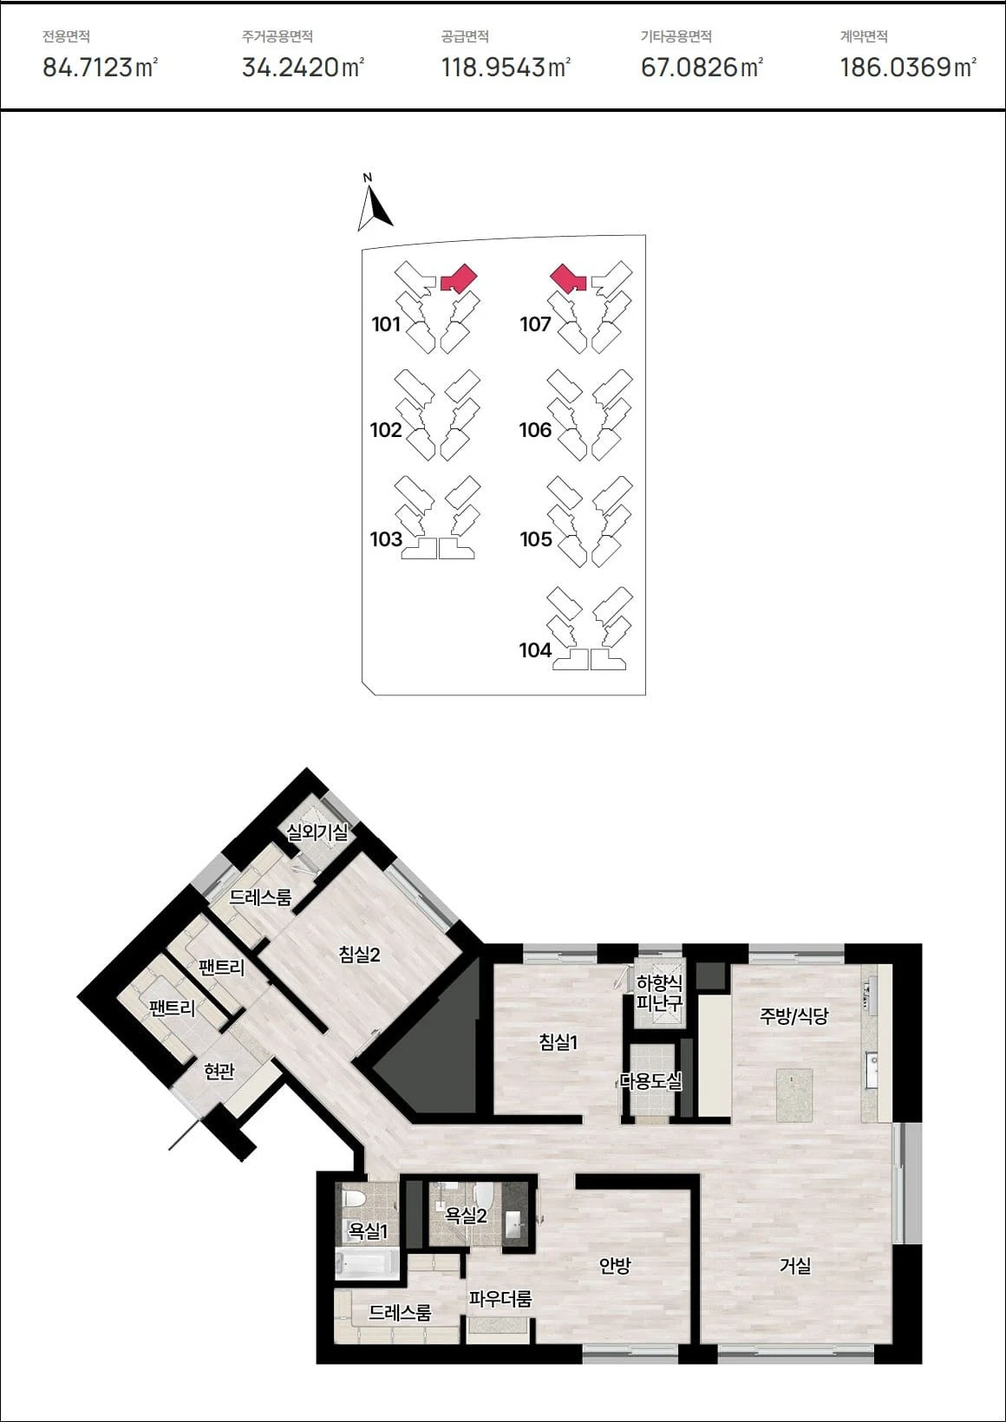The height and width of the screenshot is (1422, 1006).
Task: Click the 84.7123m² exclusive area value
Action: point(101,67)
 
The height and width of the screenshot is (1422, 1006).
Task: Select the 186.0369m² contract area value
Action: point(908,67)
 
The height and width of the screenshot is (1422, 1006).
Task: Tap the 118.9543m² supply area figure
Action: point(506,67)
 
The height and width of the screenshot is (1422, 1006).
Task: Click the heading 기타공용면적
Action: point(676,36)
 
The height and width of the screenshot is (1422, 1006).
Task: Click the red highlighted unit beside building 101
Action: point(459,278)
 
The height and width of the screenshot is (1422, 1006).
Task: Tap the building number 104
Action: point(535,650)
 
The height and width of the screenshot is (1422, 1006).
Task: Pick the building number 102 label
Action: point(386,430)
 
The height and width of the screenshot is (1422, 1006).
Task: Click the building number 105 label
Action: point(536,539)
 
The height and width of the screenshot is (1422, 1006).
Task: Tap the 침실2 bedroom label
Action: point(359,954)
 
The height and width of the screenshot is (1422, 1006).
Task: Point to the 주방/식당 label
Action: point(794,1016)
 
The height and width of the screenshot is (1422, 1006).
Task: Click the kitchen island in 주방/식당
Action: point(794,1095)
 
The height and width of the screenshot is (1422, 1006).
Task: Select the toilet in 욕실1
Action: point(352,1199)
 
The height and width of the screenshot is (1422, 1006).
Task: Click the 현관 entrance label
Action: point(219,1072)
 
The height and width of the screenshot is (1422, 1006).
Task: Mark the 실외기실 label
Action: point(317,832)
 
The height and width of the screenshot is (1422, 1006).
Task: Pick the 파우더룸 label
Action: point(500,1298)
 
